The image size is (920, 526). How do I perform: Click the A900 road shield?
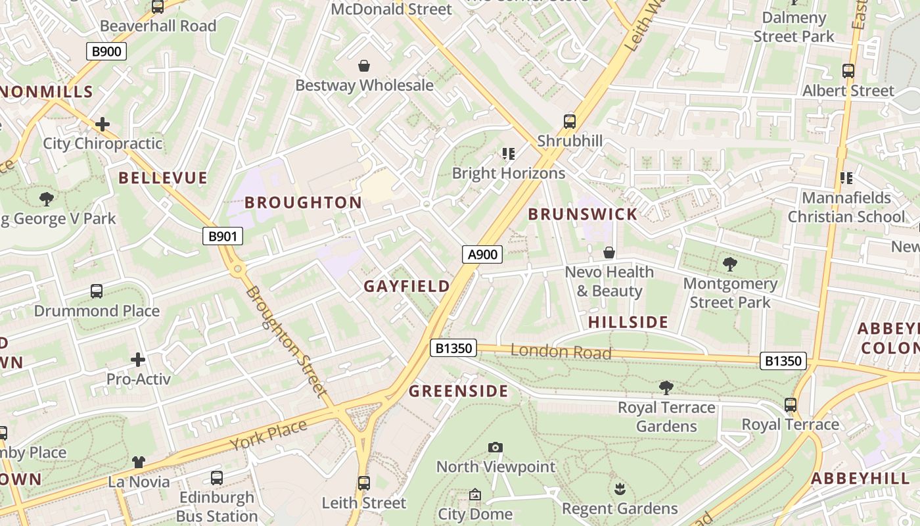(483, 254)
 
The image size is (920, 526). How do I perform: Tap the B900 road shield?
(106, 51)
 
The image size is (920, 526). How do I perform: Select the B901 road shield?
(222, 237)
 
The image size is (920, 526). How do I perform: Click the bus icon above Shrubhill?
(570, 122)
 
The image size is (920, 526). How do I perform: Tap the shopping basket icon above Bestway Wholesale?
(364, 66)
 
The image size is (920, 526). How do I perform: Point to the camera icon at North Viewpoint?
(495, 448)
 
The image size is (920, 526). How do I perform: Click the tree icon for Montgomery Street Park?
(729, 264)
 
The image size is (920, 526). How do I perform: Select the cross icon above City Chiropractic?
(103, 124)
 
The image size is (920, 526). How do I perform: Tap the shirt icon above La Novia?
(139, 462)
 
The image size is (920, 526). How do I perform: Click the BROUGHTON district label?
(303, 203)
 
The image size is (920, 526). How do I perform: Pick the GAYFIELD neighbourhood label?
(407, 286)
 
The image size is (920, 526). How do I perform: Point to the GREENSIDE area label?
(459, 392)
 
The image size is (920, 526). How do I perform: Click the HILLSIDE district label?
(628, 322)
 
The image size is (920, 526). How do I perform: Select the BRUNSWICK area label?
(583, 214)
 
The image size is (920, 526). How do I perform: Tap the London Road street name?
(561, 352)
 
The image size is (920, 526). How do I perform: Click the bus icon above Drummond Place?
(97, 291)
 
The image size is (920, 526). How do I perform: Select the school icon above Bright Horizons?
(508, 154)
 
